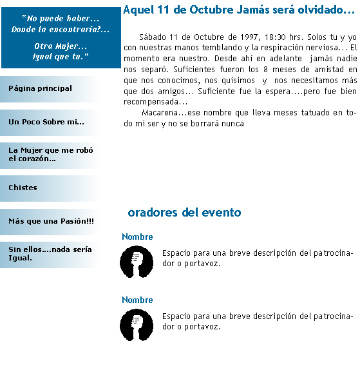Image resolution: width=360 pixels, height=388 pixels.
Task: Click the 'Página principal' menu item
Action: coord(40,88)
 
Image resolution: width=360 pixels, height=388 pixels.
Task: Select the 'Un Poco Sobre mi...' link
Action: coord(46,122)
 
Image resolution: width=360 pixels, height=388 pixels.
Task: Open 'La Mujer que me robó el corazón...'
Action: coord(51,155)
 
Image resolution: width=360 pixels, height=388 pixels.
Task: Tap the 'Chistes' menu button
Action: coord(23,188)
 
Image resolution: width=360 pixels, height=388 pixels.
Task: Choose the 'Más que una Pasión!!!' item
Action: coord(51,221)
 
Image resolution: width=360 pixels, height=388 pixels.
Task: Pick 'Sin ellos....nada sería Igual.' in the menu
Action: coord(50,254)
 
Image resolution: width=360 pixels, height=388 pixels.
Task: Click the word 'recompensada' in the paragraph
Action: coord(151,102)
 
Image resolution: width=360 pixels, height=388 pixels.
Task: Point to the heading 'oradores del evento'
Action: coord(184,213)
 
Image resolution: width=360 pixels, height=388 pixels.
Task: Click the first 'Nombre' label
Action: coord(137,237)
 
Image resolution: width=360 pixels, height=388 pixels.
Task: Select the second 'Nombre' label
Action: coord(137,300)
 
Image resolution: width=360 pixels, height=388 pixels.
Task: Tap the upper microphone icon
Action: coord(137,262)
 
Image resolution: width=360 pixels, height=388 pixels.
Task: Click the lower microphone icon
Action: coord(137,325)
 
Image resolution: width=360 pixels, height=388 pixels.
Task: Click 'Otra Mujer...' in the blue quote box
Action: coord(61,46)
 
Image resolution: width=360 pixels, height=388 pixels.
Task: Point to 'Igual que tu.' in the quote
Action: coord(61,57)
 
